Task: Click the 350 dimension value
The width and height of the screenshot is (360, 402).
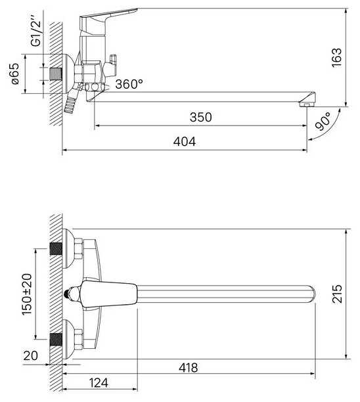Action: tap(201, 117)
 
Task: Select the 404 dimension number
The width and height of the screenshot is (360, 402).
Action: tap(185, 141)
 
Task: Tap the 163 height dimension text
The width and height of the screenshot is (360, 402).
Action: tap(336, 58)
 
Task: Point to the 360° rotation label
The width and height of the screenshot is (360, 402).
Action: tap(129, 84)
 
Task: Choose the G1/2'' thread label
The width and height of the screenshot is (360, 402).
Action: tap(35, 31)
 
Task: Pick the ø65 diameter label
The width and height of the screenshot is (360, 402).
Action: tap(15, 74)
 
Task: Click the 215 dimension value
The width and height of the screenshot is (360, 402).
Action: tap(337, 294)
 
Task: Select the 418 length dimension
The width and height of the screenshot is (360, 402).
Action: tap(188, 368)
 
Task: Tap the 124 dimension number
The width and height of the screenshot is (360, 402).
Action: tap(99, 383)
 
